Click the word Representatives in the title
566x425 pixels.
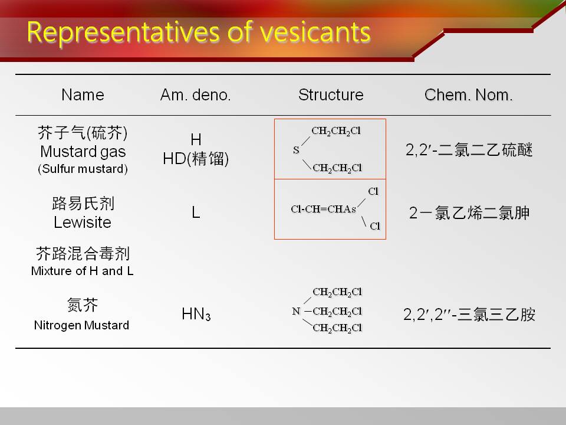pyautogui.click(x=123, y=33)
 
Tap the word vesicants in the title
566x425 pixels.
pyautogui.click(x=315, y=32)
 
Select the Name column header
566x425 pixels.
pyautogui.click(x=83, y=94)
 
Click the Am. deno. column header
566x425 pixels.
pyautogui.click(x=195, y=94)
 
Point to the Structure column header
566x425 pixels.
pyautogui.click(x=331, y=94)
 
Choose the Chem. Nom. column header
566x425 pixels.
pyautogui.click(x=468, y=94)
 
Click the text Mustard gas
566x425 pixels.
pyautogui.click(x=83, y=152)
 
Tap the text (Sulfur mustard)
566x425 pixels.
pyautogui.click(x=83, y=169)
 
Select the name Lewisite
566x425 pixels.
pyautogui.click(x=83, y=222)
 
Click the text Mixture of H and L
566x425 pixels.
pyautogui.click(x=83, y=271)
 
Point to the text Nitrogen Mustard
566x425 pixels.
pyautogui.click(x=81, y=325)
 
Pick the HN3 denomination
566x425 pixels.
pyautogui.click(x=196, y=313)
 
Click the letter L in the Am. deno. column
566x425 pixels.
pyautogui.click(x=196, y=212)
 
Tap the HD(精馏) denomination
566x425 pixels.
pyautogui.click(x=196, y=159)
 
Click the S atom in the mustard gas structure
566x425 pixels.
pyautogui.click(x=296, y=149)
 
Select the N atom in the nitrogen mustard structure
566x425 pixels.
pyautogui.click(x=296, y=311)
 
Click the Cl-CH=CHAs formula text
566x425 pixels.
pyautogui.click(x=324, y=209)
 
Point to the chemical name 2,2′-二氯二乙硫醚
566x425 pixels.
pyautogui.click(x=469, y=149)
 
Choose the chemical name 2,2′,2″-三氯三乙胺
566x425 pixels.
pyautogui.click(x=469, y=315)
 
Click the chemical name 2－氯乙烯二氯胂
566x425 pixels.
pyautogui.click(x=469, y=213)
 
